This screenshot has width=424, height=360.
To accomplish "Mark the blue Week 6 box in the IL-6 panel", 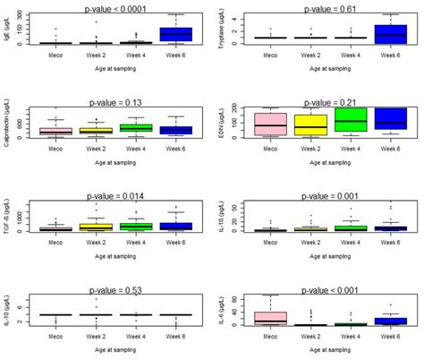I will click(x=387, y=320).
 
